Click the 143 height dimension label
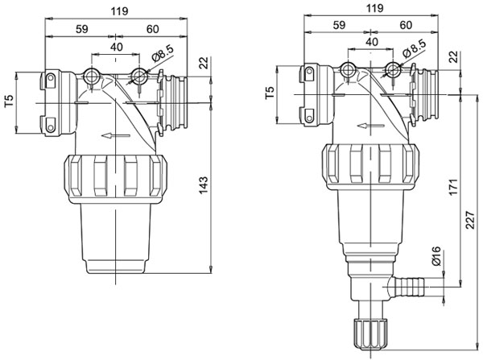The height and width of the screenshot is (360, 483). (x=204, y=185)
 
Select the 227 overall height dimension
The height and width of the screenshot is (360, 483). (x=470, y=220)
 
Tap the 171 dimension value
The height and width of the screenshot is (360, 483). (x=453, y=187)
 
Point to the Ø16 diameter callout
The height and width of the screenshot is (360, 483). (x=436, y=256)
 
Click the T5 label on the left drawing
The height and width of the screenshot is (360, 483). (x=10, y=101)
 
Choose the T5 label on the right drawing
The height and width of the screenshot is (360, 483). (x=270, y=93)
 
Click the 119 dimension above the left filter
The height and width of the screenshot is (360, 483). (x=119, y=11)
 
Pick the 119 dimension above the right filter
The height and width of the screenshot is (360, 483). (x=375, y=8)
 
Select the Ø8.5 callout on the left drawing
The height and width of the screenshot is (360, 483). (x=163, y=54)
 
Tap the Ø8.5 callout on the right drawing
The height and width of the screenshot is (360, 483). (x=415, y=48)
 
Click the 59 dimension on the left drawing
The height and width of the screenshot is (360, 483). (x=82, y=29)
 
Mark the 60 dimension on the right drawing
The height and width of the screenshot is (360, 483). (x=406, y=25)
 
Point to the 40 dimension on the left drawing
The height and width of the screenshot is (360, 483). (x=117, y=48)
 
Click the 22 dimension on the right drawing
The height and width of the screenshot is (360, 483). (x=454, y=57)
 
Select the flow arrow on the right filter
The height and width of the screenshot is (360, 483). (x=370, y=126)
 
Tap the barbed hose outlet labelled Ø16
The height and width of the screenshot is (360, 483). (x=407, y=287)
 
